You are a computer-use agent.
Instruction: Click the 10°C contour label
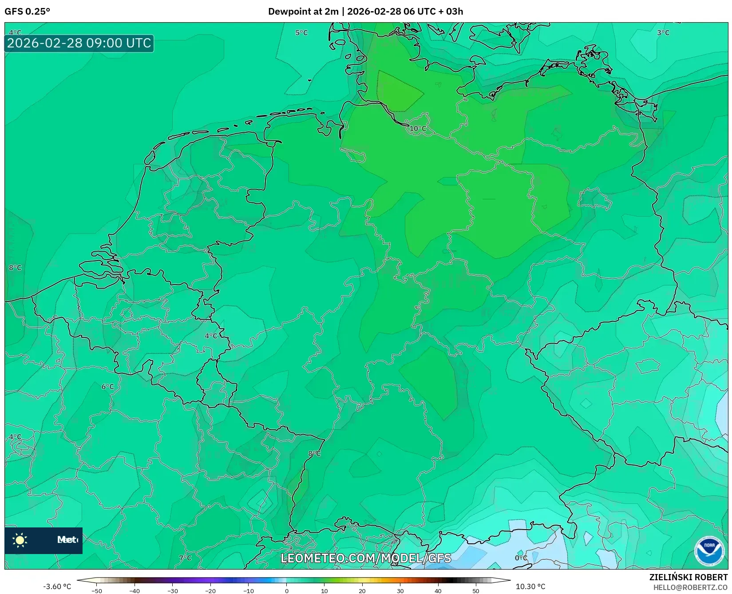click(x=417, y=129)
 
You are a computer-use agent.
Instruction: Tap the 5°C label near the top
click(x=301, y=33)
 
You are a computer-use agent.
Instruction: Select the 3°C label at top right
click(x=663, y=33)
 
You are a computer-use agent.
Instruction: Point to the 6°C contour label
click(x=108, y=387)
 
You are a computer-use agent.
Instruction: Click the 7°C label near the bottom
click(x=185, y=558)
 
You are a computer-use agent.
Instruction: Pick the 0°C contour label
click(x=521, y=558)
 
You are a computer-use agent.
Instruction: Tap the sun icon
click(x=20, y=540)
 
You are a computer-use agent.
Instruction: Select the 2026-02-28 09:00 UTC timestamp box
click(x=79, y=44)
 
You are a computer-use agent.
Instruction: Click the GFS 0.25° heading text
click(x=28, y=12)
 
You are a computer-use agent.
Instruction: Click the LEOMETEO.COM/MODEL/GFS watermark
click(x=366, y=558)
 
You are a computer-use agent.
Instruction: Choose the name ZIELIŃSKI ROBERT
click(x=688, y=577)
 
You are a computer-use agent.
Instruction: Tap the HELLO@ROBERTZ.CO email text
click(x=690, y=587)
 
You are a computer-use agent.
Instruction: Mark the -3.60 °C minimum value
click(x=57, y=586)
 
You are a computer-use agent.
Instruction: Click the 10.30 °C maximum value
click(x=530, y=586)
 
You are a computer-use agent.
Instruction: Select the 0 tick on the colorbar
click(x=287, y=591)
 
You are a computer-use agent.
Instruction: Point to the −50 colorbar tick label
click(x=96, y=591)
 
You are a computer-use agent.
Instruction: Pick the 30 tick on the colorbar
click(x=400, y=591)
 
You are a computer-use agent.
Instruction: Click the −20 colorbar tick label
click(x=210, y=591)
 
